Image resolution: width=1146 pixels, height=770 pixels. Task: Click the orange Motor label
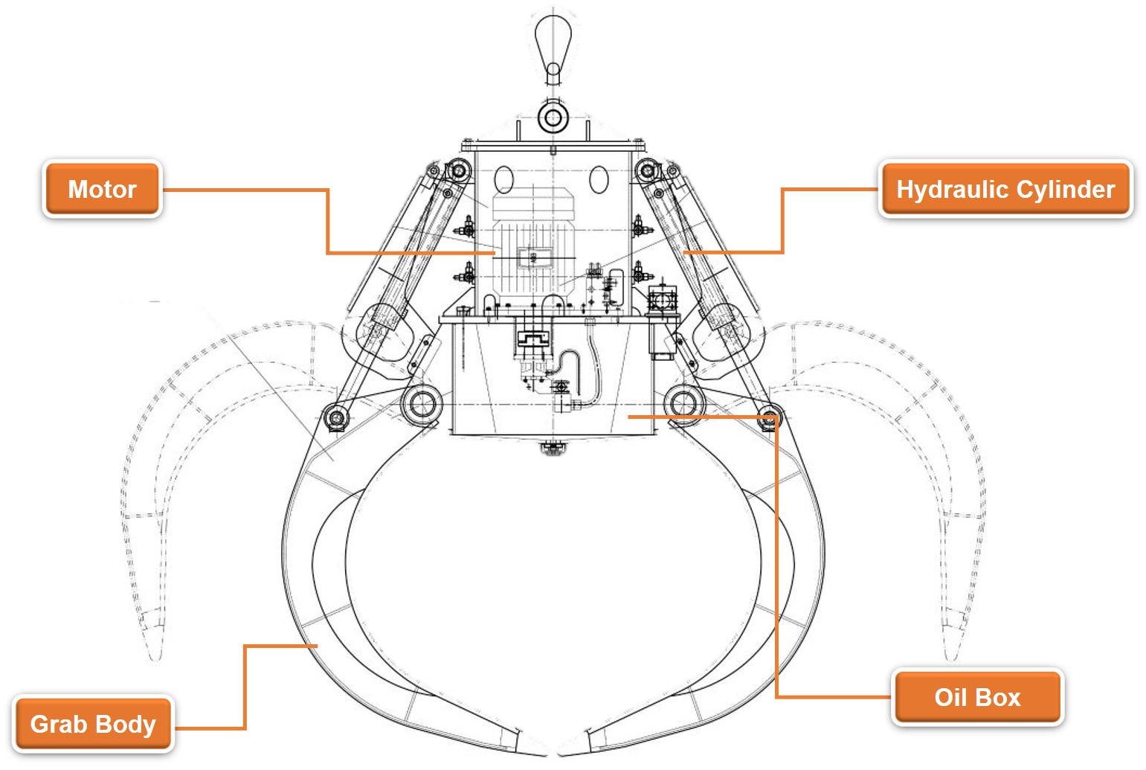(x=102, y=190)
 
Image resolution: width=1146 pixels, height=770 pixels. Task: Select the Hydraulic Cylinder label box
(x=1005, y=190)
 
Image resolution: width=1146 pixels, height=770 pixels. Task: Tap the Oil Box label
(x=977, y=698)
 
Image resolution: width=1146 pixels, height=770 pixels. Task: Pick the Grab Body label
(x=93, y=725)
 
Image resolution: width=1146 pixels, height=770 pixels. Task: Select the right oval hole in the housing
(x=599, y=180)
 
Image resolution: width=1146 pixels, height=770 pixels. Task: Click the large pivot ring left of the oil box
(x=422, y=404)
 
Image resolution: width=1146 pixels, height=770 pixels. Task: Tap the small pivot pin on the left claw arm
(x=335, y=417)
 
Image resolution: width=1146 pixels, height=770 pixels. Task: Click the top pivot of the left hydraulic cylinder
(x=459, y=172)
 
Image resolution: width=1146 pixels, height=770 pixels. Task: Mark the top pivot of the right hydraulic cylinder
(x=648, y=172)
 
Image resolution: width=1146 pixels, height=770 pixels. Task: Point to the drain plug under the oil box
(x=553, y=448)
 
